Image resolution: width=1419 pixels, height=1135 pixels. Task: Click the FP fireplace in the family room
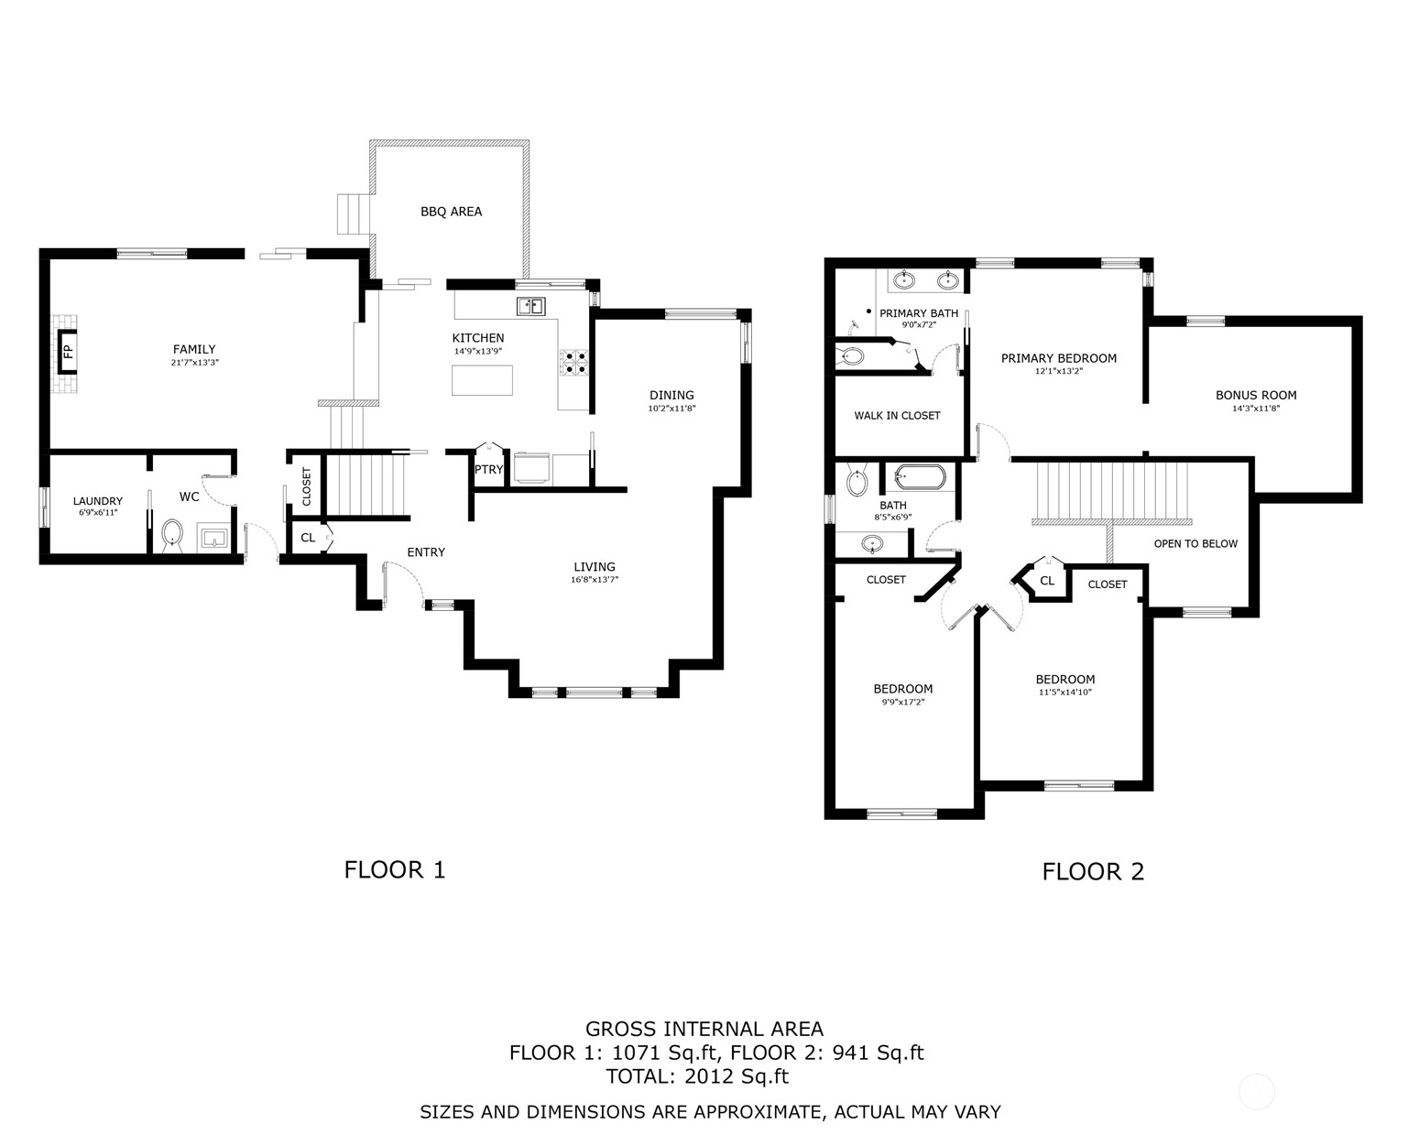click(68, 352)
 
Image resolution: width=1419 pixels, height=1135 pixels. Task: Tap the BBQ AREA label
click(452, 212)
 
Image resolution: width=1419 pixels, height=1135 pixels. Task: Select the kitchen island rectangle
click(482, 380)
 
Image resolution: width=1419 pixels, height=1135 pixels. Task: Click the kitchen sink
click(530, 306)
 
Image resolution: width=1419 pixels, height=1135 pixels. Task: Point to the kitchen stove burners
click(573, 363)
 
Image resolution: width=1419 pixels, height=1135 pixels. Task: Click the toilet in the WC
click(173, 534)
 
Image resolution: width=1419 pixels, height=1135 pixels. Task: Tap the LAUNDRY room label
click(98, 501)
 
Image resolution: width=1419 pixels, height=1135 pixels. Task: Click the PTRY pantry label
click(488, 470)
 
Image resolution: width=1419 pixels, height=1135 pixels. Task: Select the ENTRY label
click(426, 552)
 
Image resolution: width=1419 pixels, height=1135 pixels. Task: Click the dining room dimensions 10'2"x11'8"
click(671, 409)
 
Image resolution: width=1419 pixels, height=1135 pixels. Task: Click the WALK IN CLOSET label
click(898, 416)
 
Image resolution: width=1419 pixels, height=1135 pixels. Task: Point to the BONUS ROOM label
click(1256, 396)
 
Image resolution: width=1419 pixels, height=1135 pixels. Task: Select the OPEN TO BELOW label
click(1195, 544)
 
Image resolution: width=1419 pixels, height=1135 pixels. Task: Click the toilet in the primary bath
click(851, 356)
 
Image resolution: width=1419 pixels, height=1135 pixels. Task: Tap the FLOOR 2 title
click(1093, 872)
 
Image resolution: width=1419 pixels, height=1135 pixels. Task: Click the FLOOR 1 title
click(395, 870)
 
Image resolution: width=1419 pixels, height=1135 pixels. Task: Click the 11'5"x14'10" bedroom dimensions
click(1065, 693)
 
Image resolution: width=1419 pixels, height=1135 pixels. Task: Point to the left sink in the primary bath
click(906, 280)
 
